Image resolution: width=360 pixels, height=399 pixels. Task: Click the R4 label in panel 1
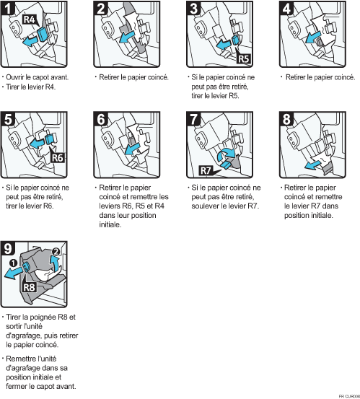pyautogui.click(x=30, y=19)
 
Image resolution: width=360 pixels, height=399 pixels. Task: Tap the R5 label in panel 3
pyautogui.click(x=243, y=58)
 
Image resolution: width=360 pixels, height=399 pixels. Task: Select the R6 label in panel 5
pyautogui.click(x=57, y=158)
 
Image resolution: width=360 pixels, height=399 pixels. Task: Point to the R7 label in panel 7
pyautogui.click(x=206, y=170)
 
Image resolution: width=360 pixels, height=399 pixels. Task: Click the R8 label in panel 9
pyautogui.click(x=29, y=287)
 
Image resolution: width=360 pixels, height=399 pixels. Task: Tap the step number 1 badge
pyautogui.click(x=8, y=8)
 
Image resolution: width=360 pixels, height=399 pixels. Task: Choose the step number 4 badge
pyautogui.click(x=286, y=8)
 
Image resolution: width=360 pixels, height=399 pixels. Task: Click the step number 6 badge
pyautogui.click(x=101, y=118)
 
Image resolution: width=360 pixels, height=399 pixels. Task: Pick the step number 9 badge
pyautogui.click(x=8, y=248)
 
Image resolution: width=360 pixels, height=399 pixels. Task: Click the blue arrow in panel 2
pyautogui.click(x=127, y=37)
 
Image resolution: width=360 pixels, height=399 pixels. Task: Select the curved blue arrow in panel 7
pyautogui.click(x=227, y=155)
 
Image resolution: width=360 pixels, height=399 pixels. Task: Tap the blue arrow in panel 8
pyautogui.click(x=312, y=166)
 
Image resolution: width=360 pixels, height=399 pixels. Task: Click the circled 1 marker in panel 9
pyautogui.click(x=13, y=263)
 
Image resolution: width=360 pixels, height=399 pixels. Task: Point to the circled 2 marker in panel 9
pyautogui.click(x=56, y=252)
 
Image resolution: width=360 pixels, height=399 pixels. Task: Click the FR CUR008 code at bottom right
pyautogui.click(x=350, y=396)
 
